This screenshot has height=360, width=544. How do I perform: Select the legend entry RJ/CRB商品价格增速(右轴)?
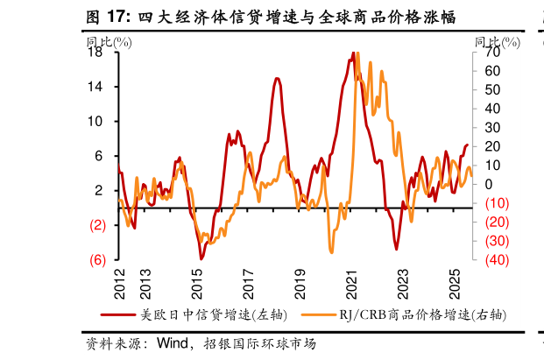pyautogui.click(x=404, y=314)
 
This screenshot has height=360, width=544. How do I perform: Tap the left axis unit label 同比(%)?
pyautogui.click(x=110, y=40)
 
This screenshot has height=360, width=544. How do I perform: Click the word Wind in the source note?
pyautogui.click(x=172, y=343)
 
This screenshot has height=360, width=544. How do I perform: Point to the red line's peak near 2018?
pyautogui.click(x=277, y=79)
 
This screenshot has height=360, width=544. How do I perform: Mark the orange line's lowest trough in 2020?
pyautogui.click(x=331, y=251)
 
